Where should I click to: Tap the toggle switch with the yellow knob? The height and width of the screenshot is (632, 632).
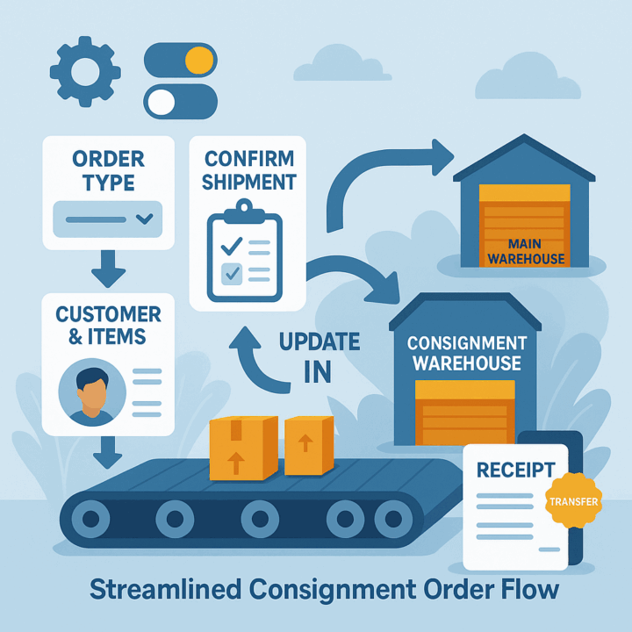point(179,60)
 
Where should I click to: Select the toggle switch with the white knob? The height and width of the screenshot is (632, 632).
point(179,101)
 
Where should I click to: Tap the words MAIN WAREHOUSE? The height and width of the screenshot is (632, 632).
point(526,251)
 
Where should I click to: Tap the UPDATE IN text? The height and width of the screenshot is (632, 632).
point(318,355)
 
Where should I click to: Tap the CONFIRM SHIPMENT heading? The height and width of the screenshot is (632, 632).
point(249,172)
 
